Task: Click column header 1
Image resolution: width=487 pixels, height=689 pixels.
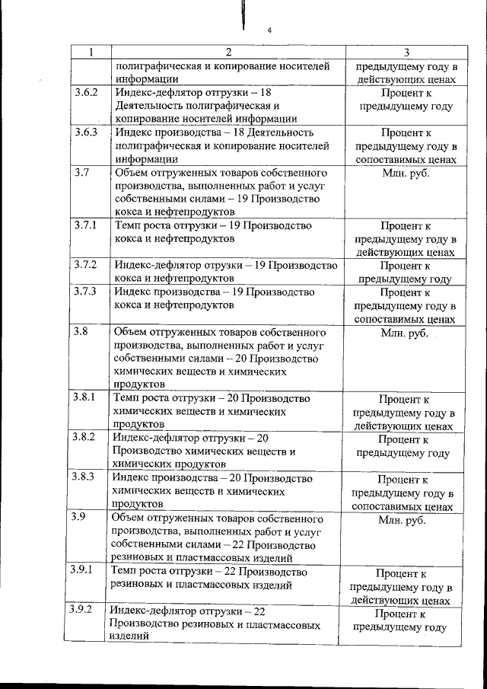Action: (91, 53)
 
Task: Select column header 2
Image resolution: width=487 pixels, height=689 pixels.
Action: (228, 53)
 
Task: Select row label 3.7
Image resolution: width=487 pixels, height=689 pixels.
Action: (82, 172)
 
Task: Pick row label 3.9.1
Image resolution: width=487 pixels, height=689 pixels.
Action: (81, 570)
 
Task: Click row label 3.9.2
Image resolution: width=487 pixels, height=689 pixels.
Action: (81, 610)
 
